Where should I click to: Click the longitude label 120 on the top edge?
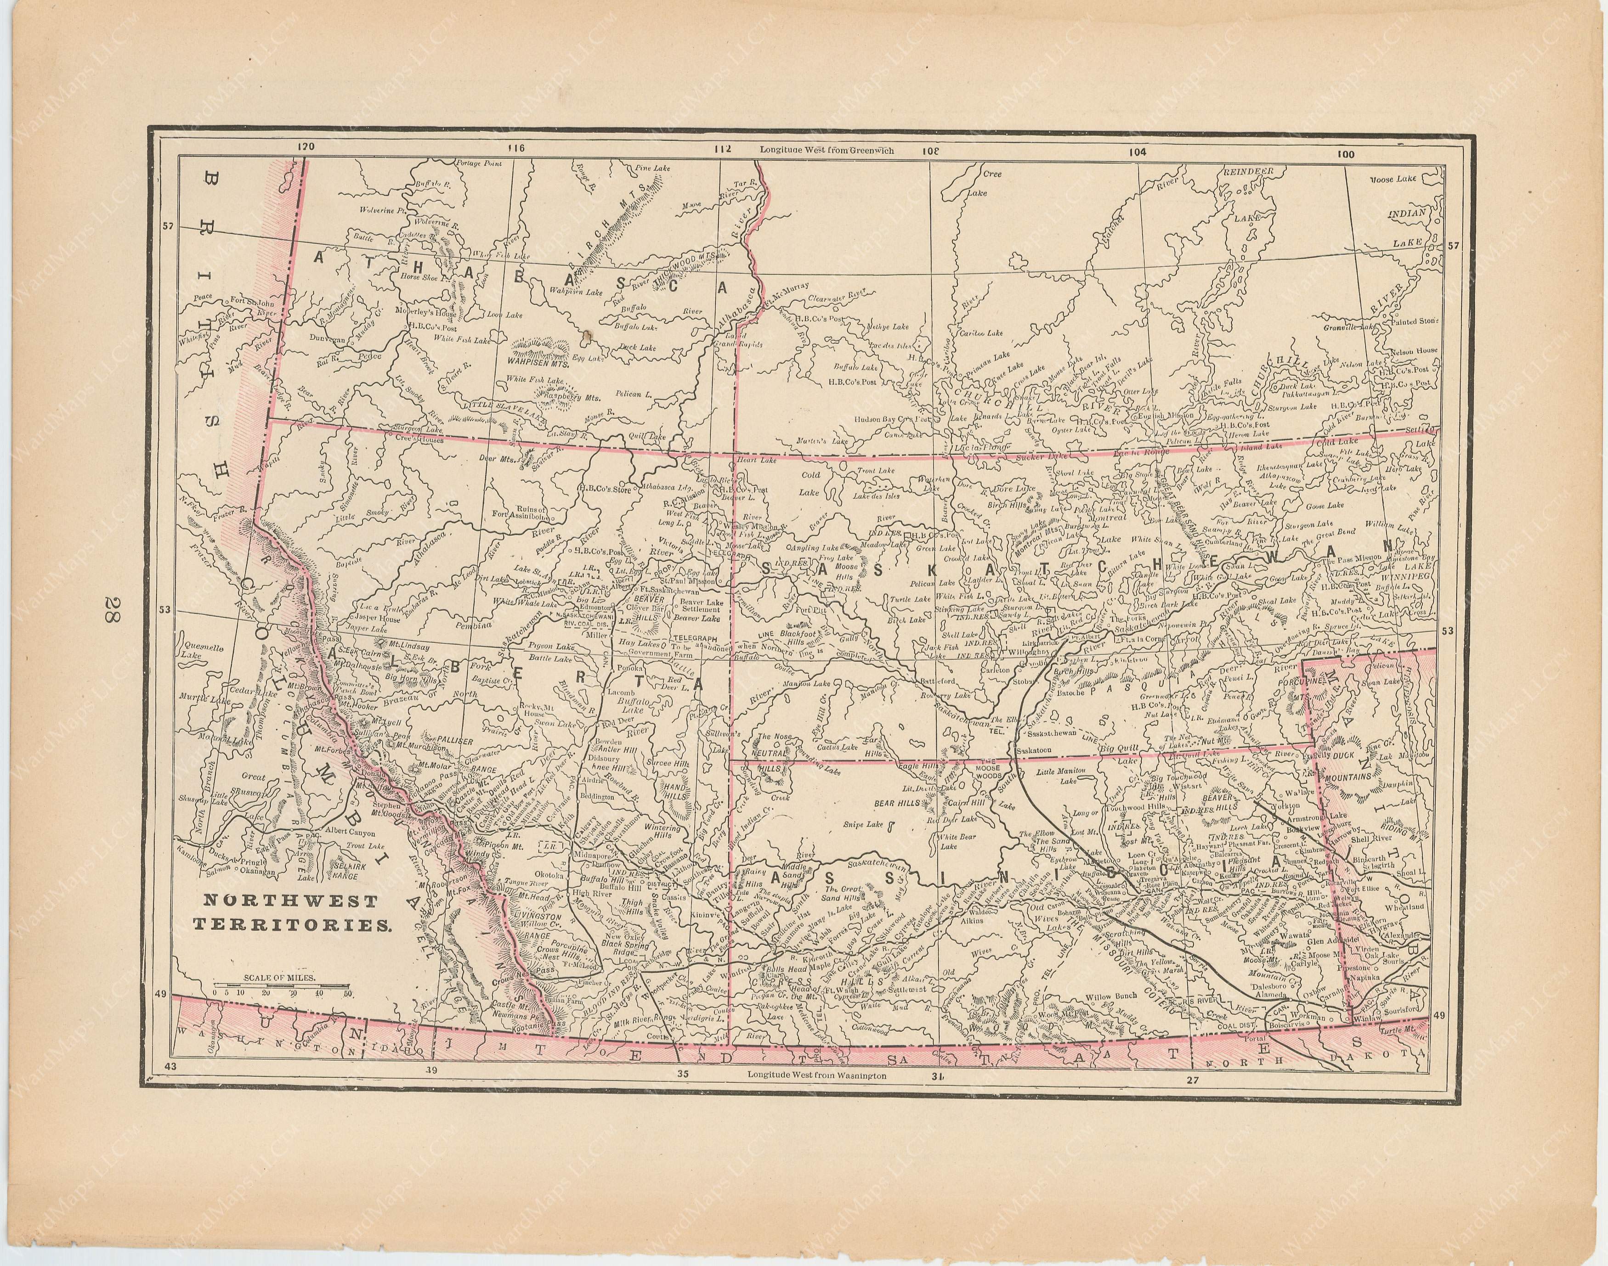coord(303,147)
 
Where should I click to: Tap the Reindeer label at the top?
coord(1247,171)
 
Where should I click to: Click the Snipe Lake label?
coord(863,823)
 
